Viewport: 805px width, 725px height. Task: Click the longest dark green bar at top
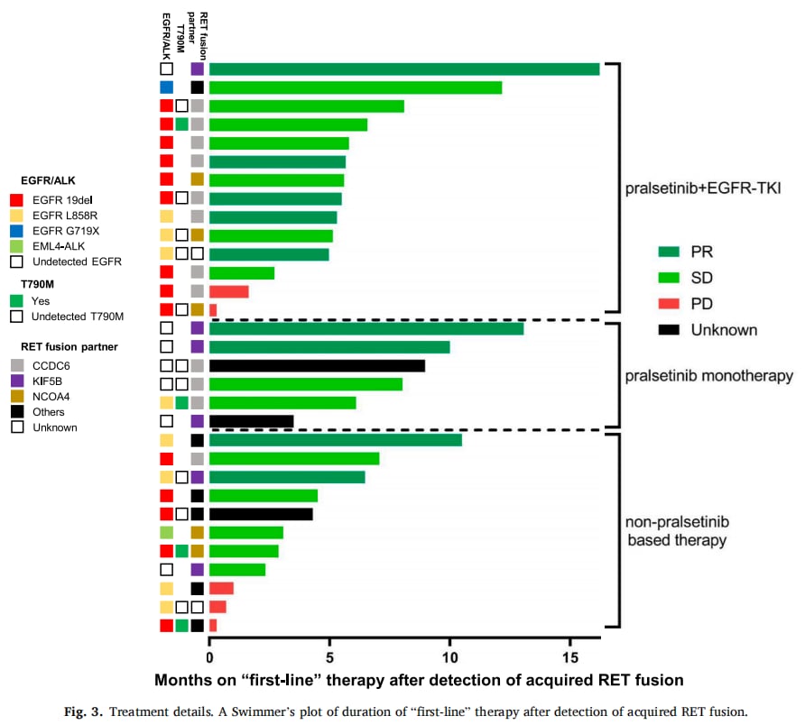tap(403, 69)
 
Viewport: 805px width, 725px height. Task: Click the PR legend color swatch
tap(670, 252)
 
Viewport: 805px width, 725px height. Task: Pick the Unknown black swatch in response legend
tap(670, 330)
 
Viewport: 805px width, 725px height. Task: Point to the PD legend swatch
tap(670, 304)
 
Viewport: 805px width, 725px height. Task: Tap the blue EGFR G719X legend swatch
tap(14, 230)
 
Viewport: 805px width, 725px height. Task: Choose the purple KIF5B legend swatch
tap(14, 379)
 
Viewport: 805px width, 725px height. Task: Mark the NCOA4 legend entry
tap(49, 395)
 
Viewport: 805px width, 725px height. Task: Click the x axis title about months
tap(419, 679)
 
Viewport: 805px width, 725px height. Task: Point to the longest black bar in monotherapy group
tap(317, 365)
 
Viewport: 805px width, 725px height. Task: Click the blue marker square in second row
tap(166, 87)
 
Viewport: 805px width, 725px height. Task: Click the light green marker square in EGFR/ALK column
tap(166, 532)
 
